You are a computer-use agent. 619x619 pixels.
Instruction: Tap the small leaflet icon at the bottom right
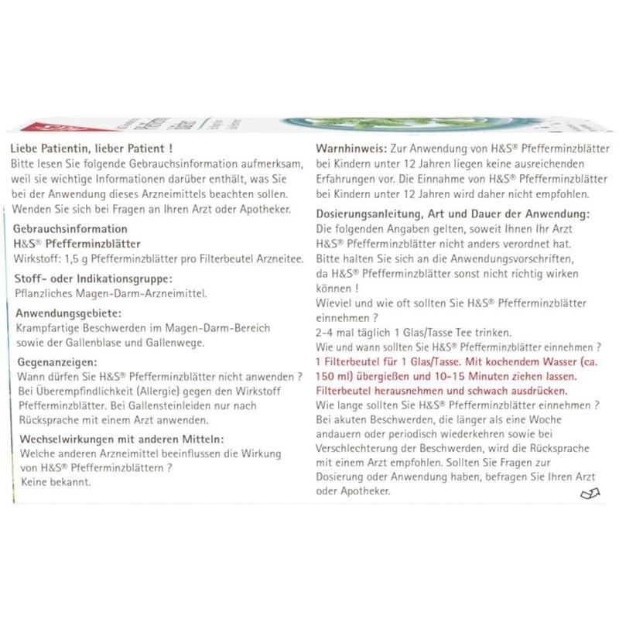point(589,494)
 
